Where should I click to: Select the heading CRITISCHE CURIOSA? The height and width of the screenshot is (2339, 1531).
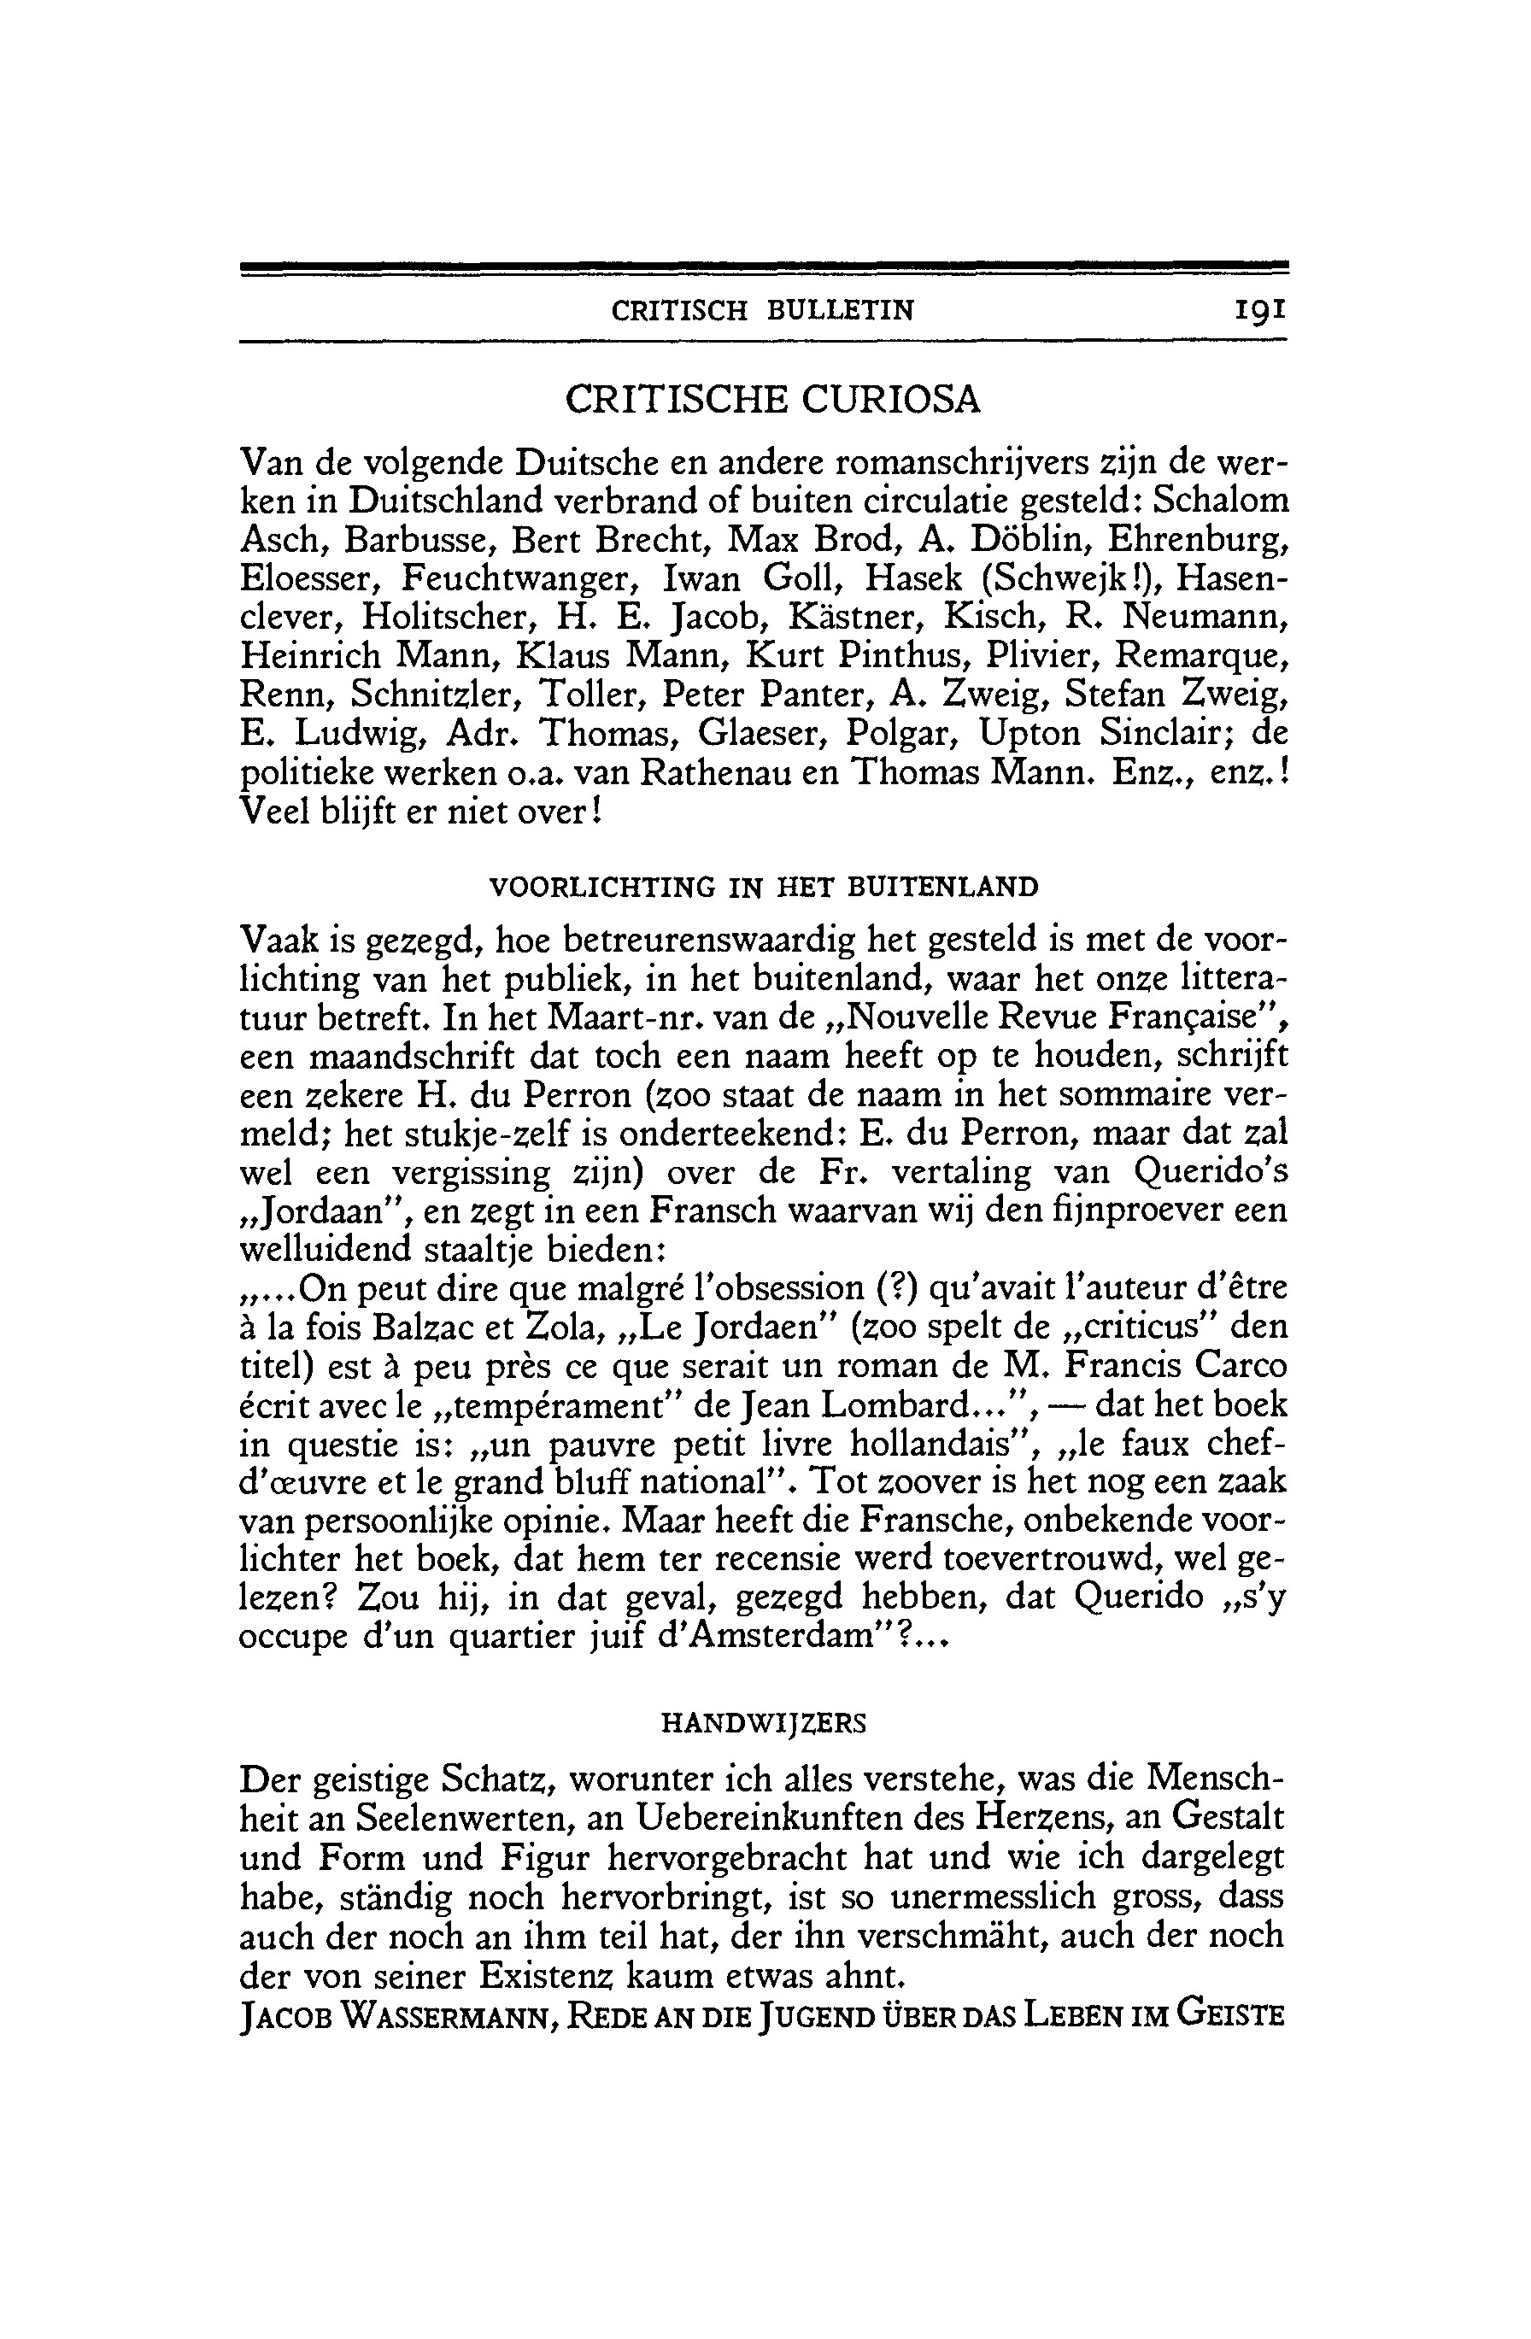(x=772, y=400)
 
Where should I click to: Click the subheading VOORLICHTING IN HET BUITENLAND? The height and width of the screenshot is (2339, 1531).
(x=764, y=888)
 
